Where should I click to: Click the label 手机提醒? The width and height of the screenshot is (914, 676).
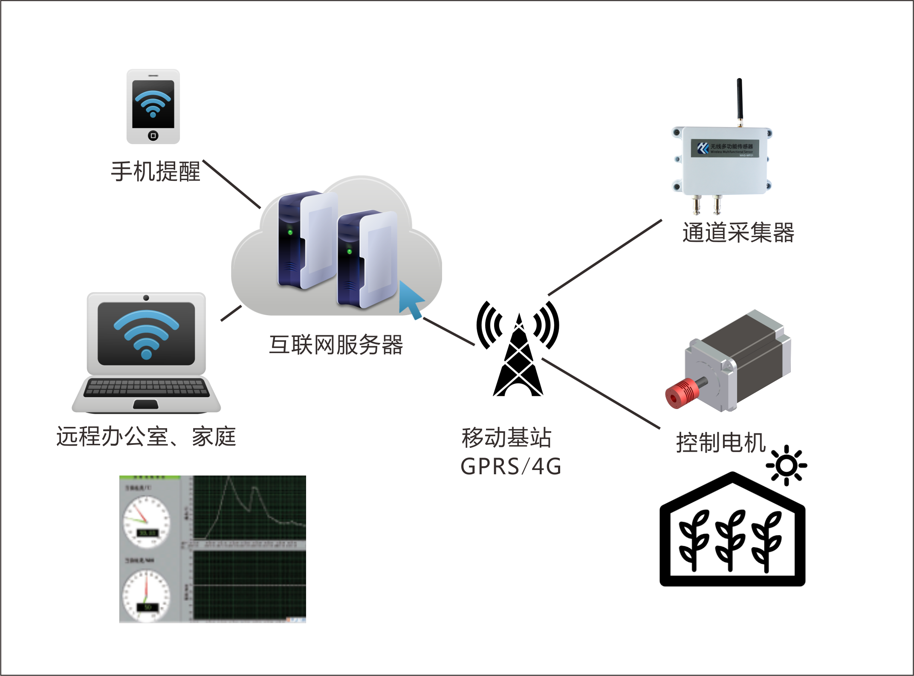pos(156,171)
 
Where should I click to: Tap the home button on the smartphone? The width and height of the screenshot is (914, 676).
pos(153,136)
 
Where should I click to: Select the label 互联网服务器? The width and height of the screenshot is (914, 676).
pos(336,345)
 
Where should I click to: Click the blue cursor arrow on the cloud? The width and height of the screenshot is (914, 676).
pos(410,300)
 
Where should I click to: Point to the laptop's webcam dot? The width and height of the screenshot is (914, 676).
pos(146,298)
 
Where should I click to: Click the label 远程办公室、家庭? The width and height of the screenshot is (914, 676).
pos(146,436)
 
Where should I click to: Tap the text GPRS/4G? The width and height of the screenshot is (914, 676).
pos(511,466)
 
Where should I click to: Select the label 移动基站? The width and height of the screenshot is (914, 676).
pos(506,438)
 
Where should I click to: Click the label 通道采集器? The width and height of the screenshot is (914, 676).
pos(738,233)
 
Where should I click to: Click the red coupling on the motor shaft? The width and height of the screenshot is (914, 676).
pos(681,393)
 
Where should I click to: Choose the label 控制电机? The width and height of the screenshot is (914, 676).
pos(721,442)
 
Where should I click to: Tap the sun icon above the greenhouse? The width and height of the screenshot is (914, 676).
pos(787,465)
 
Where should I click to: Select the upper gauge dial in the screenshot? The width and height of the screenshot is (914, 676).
pos(146,521)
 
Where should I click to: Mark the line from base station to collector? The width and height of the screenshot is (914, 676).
pos(605,258)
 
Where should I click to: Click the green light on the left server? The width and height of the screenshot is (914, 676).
pos(290,232)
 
